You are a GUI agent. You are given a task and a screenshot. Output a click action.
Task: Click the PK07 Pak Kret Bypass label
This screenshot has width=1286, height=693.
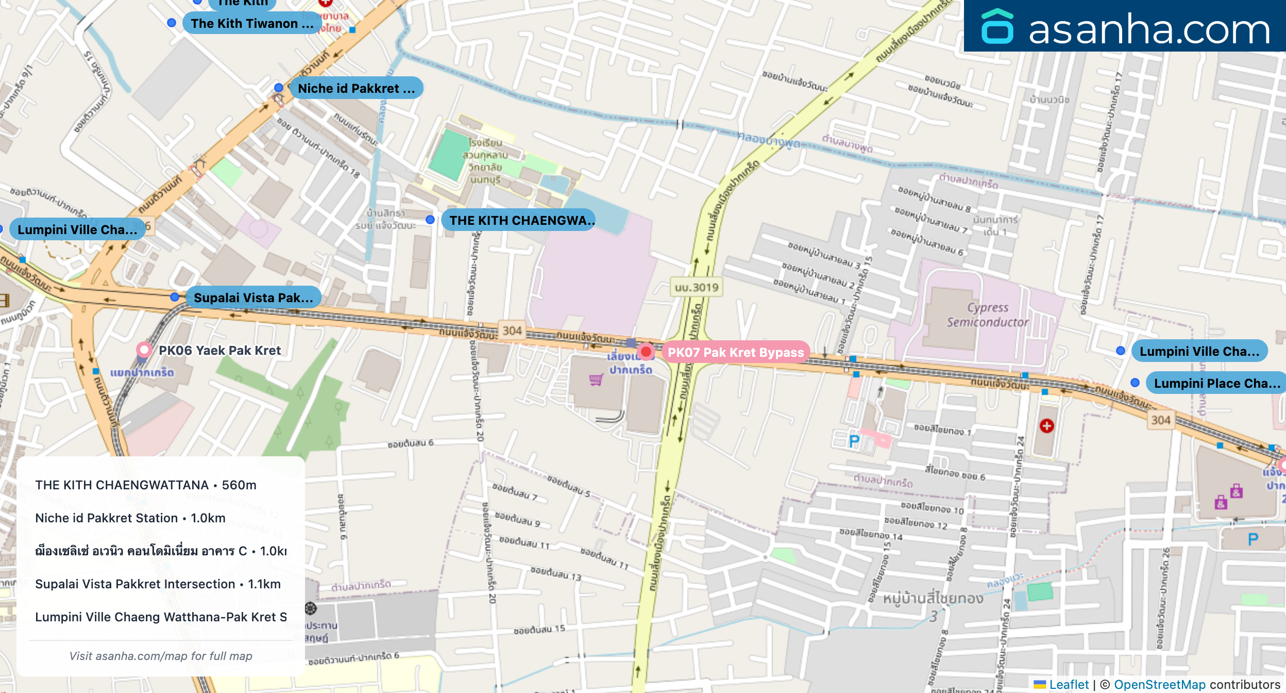pos(735,353)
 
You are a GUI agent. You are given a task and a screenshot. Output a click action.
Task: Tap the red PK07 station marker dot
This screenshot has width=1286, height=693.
pos(646,352)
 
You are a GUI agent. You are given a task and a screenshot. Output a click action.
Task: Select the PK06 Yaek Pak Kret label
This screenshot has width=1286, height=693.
pos(219,351)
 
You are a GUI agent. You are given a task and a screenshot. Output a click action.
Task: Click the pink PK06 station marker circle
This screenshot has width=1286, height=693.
pos(144,350)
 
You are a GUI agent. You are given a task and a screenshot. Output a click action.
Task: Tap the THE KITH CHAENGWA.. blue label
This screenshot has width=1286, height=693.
pos(520,221)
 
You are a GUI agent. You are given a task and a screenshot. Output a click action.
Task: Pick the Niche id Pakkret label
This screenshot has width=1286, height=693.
pos(356,89)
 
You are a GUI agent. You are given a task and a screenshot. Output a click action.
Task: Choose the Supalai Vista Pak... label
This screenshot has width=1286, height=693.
pos(253,298)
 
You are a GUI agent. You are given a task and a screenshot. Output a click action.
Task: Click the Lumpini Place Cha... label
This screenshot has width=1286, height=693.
pos(1216,384)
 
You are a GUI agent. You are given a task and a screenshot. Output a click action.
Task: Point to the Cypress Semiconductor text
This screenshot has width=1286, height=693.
pos(987,315)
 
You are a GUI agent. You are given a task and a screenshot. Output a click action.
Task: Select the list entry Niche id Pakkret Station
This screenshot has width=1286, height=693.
pos(130,518)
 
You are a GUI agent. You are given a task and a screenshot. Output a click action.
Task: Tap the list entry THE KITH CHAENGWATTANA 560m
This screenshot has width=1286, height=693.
pos(145,485)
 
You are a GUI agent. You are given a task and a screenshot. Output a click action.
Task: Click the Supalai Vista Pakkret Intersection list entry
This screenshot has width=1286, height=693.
pos(158,584)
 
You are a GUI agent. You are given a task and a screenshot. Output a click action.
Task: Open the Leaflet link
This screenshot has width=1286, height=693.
pos(1069,685)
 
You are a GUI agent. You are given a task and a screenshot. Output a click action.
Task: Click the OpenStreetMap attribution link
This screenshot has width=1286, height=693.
pos(1159,685)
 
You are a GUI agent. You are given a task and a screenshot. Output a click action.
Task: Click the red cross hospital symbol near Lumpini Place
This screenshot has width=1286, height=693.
pos(1046,426)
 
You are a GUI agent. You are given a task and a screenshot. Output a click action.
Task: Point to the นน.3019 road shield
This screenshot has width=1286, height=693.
pos(697,288)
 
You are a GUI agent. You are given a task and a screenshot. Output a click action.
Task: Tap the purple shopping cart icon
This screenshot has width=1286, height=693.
pos(596,380)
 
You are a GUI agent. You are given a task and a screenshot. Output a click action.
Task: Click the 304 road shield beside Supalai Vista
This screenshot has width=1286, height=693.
pos(512,331)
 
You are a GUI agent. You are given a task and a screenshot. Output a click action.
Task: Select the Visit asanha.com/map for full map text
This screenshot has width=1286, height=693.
pos(161,656)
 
